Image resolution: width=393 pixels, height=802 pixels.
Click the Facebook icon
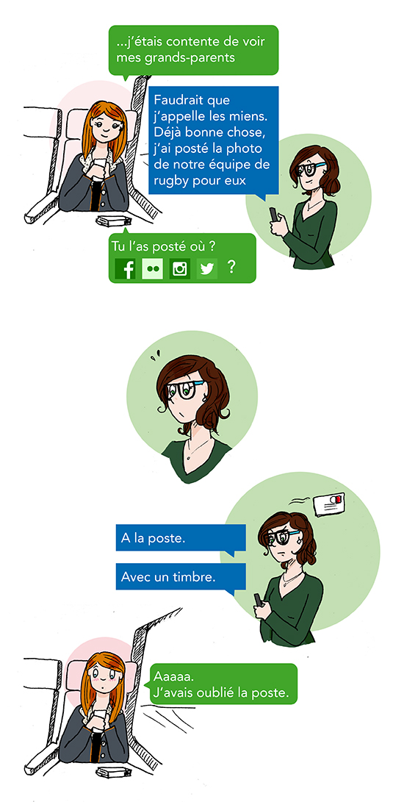(x=125, y=268)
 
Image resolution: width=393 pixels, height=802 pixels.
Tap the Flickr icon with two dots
(x=152, y=268)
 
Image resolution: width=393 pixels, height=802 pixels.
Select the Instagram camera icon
(x=180, y=268)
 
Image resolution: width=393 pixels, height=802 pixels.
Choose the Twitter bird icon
(x=207, y=268)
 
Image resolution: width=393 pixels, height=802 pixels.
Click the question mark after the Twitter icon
(x=231, y=267)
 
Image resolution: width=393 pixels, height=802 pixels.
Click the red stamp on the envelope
(x=340, y=498)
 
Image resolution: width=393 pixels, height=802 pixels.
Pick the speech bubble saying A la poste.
(x=181, y=539)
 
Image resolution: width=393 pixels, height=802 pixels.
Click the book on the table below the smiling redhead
(x=115, y=221)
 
